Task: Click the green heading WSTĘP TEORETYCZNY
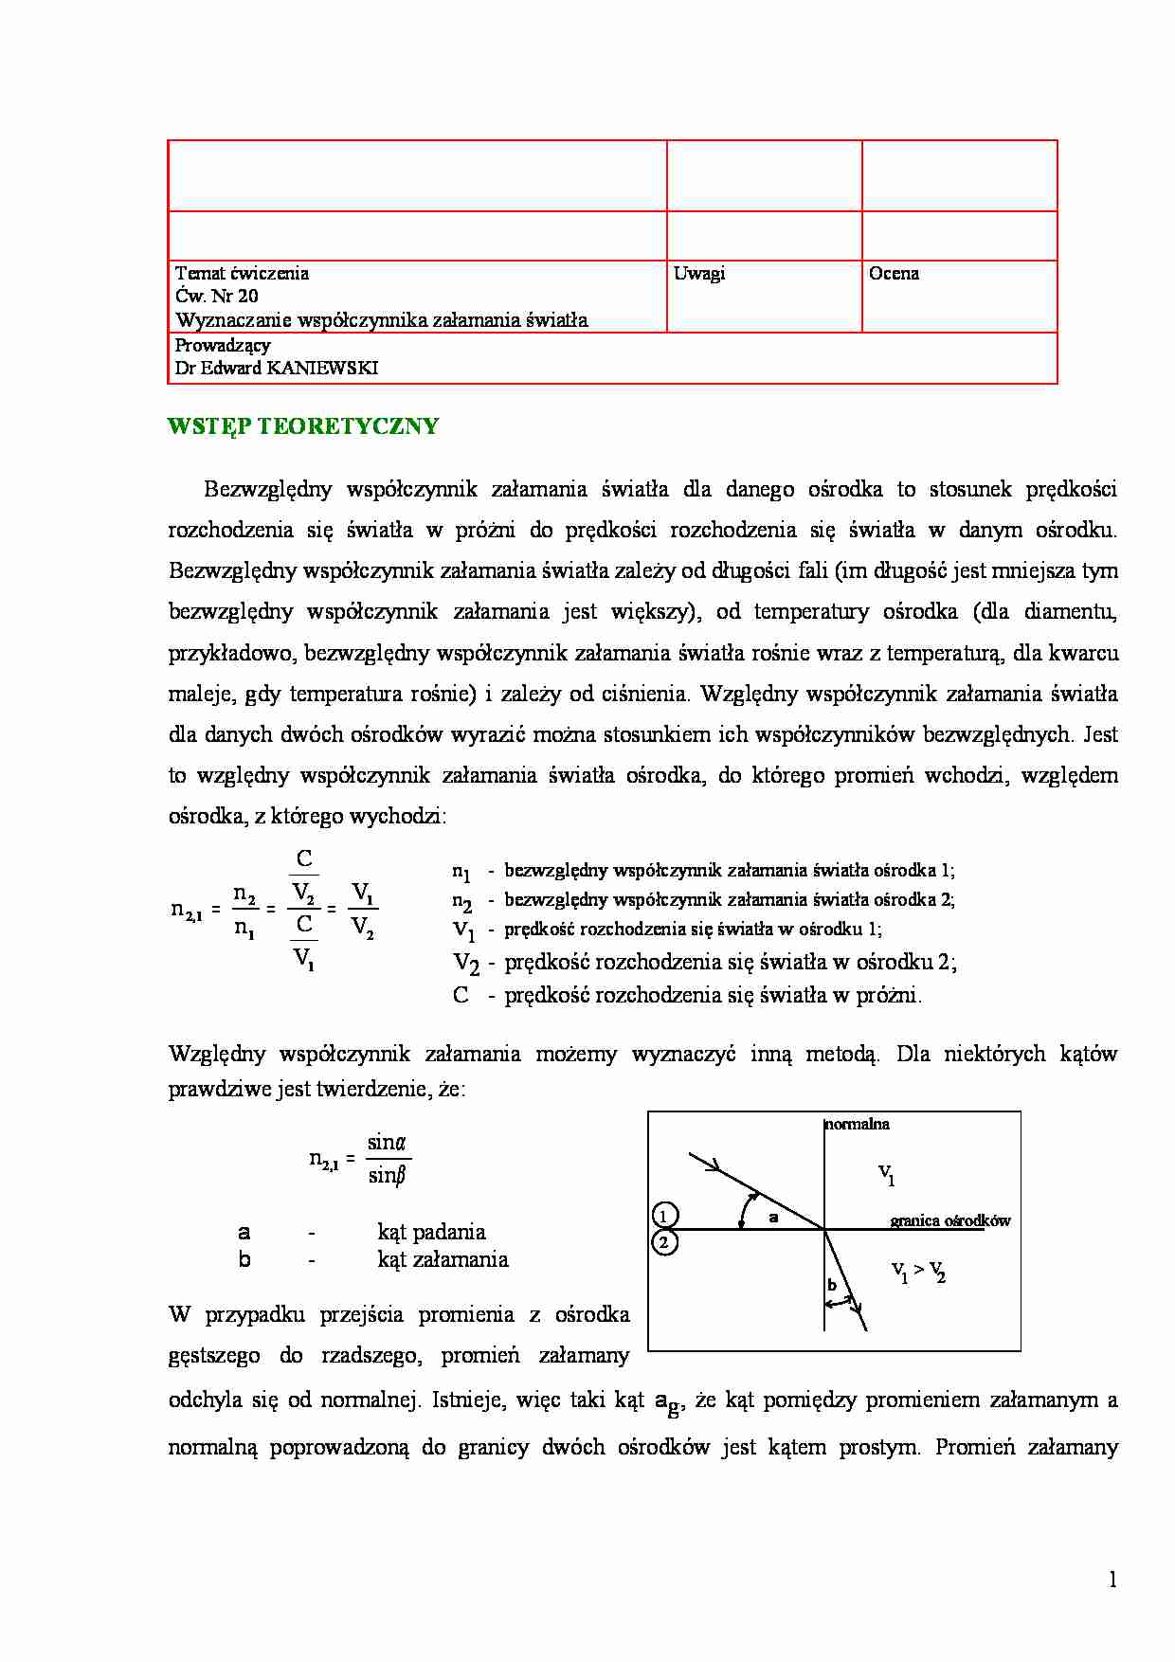(303, 426)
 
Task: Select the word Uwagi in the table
(699, 274)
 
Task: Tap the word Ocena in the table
(894, 274)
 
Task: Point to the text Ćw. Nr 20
(217, 296)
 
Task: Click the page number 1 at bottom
(1112, 1580)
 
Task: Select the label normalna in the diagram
(858, 1125)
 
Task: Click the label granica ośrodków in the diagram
(950, 1220)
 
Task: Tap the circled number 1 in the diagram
(665, 1216)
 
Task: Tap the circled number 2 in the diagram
(665, 1242)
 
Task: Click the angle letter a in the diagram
(773, 1218)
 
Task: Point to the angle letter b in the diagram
(832, 1286)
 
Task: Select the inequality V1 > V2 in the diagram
(918, 1271)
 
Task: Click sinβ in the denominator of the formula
(387, 1176)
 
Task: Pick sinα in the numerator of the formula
(387, 1143)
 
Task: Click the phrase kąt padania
(431, 1232)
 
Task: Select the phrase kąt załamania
(443, 1259)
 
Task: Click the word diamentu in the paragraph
(1070, 612)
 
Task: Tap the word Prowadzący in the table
(223, 345)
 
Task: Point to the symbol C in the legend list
(461, 995)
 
